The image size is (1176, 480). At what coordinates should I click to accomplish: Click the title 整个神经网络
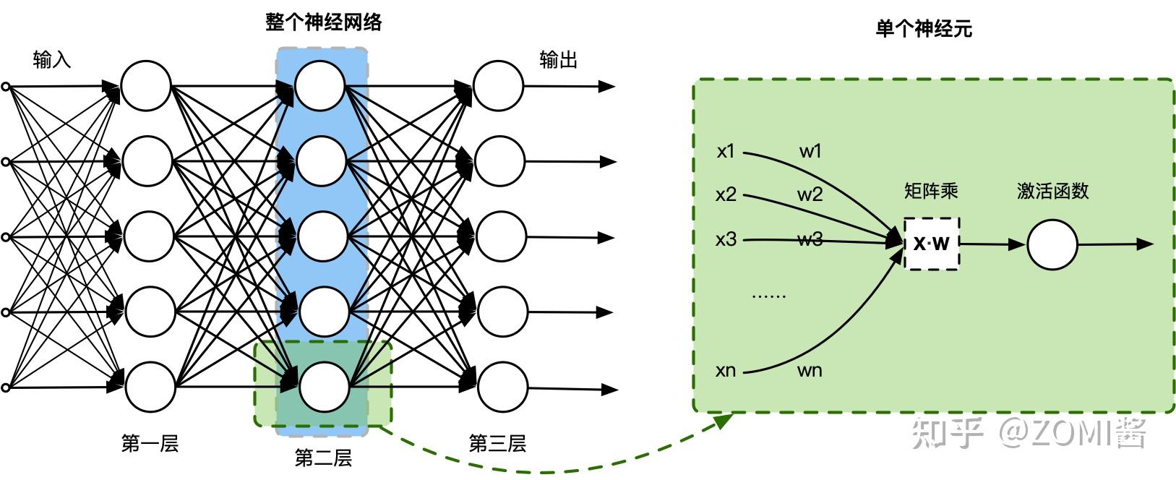323,22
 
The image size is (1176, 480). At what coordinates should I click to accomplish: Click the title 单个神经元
924,29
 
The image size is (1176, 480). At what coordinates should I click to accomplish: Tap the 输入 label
52,60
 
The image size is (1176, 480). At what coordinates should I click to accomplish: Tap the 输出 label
559,60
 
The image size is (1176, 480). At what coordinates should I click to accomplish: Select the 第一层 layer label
150,443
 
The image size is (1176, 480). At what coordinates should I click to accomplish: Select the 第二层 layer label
323,458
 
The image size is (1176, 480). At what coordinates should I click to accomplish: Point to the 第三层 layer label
497,443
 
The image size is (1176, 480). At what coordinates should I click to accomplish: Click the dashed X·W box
932,244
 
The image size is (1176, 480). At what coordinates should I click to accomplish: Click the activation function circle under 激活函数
1052,245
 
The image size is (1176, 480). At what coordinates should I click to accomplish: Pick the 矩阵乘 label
931,191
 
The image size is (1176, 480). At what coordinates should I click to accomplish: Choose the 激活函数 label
1052,191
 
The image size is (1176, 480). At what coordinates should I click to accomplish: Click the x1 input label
726,151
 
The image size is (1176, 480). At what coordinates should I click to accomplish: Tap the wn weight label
810,371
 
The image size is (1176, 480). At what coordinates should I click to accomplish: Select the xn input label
726,371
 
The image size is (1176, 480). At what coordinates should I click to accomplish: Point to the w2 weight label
810,194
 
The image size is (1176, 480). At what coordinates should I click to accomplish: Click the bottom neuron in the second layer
323,387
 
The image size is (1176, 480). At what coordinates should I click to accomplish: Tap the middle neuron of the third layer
500,236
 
